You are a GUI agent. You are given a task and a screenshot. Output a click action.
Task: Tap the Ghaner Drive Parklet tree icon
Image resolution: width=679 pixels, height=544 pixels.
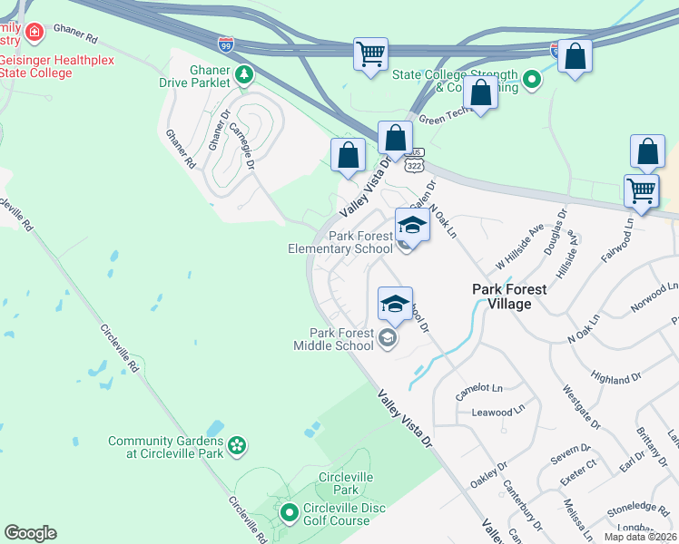tap(243, 75)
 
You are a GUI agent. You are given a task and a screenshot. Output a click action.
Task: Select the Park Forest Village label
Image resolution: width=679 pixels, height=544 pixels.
tap(509, 296)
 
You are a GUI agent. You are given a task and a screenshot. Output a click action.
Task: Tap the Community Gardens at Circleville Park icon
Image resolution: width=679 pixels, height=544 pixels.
tap(236, 445)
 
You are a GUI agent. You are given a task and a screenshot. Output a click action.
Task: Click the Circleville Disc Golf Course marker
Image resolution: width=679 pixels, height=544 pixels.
tap(290, 514)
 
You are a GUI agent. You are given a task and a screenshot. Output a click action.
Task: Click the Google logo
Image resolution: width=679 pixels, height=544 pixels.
tap(30, 533)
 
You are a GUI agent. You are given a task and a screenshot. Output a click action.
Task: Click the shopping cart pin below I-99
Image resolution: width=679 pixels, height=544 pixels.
tap(370, 54)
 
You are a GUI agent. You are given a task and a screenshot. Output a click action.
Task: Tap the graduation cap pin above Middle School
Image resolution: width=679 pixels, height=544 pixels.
tap(395, 304)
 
